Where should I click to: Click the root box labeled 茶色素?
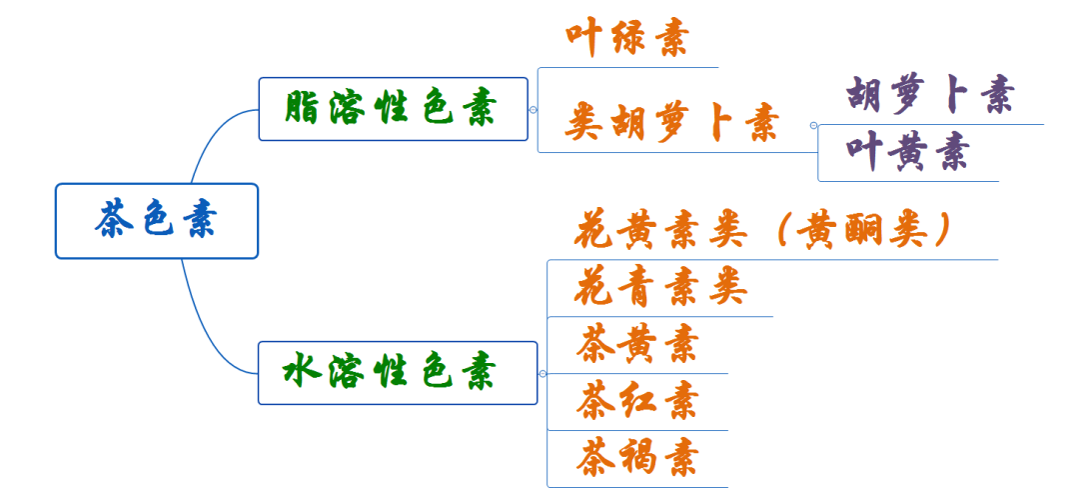(157, 220)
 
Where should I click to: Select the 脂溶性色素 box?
(393, 109)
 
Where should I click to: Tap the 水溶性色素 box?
(397, 373)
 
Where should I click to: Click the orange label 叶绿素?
(626, 40)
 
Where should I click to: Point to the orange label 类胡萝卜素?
(671, 124)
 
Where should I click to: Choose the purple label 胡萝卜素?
(930, 96)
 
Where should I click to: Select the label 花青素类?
(660, 289)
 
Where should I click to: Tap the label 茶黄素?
(636, 345)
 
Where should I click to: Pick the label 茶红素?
(636, 401)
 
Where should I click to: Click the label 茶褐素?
(636, 458)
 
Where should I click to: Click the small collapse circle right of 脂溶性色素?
(534, 109)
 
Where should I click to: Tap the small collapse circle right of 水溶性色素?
(542, 373)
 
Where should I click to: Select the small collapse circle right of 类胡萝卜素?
(813, 125)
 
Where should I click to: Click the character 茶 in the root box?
(114, 220)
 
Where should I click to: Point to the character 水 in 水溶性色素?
(302, 373)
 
